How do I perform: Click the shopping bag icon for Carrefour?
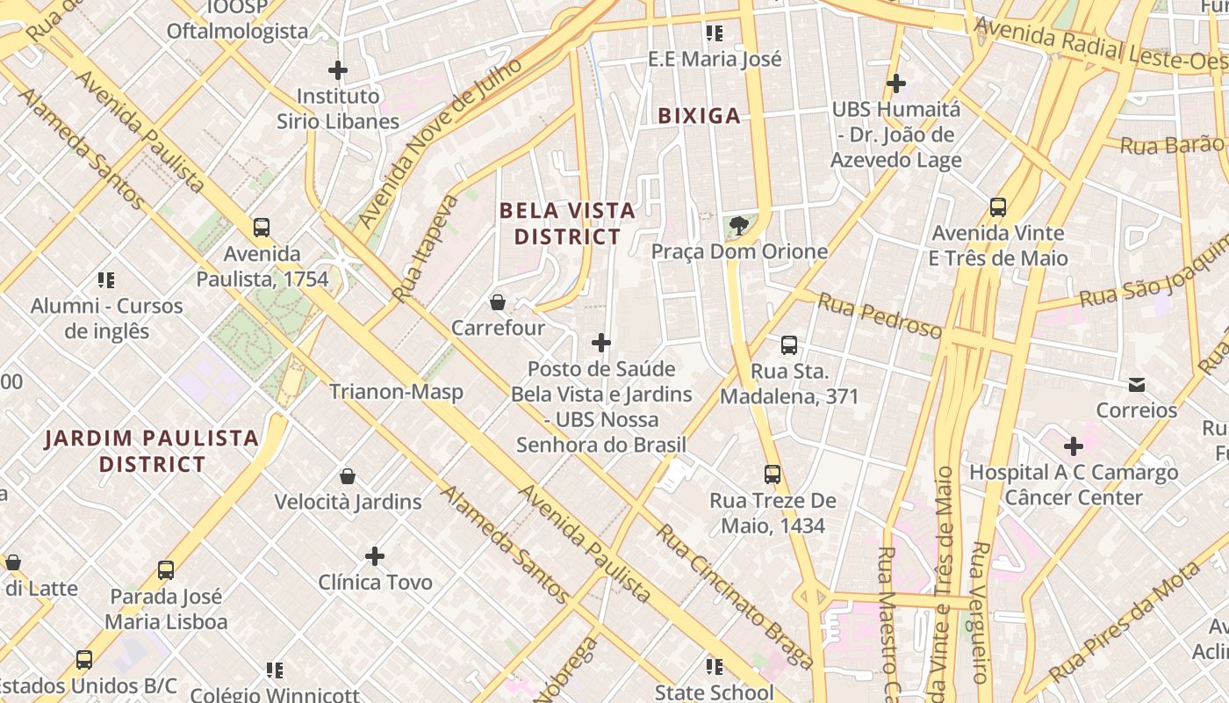tap(498, 302)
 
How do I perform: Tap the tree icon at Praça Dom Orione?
tap(738, 226)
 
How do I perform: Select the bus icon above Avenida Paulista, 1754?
tap(262, 228)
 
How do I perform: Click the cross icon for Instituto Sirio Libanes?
tap(338, 70)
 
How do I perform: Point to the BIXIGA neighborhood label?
tap(699, 116)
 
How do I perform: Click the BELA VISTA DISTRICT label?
tap(567, 223)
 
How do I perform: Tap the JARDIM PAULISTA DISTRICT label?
tap(152, 451)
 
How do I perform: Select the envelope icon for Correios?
tap(1137, 385)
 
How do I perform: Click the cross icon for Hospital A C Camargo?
tap(1073, 446)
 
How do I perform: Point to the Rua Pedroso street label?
tap(880, 316)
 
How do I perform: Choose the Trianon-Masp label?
tap(396, 392)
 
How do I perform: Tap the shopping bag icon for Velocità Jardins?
tap(348, 476)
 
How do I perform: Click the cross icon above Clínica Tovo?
tap(375, 556)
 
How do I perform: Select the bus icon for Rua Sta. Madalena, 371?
tap(789, 345)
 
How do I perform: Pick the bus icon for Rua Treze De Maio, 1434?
tap(773, 475)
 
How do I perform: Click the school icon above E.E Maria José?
tap(715, 33)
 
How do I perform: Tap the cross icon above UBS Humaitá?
tap(895, 83)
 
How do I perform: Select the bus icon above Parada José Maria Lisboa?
tap(166, 569)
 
